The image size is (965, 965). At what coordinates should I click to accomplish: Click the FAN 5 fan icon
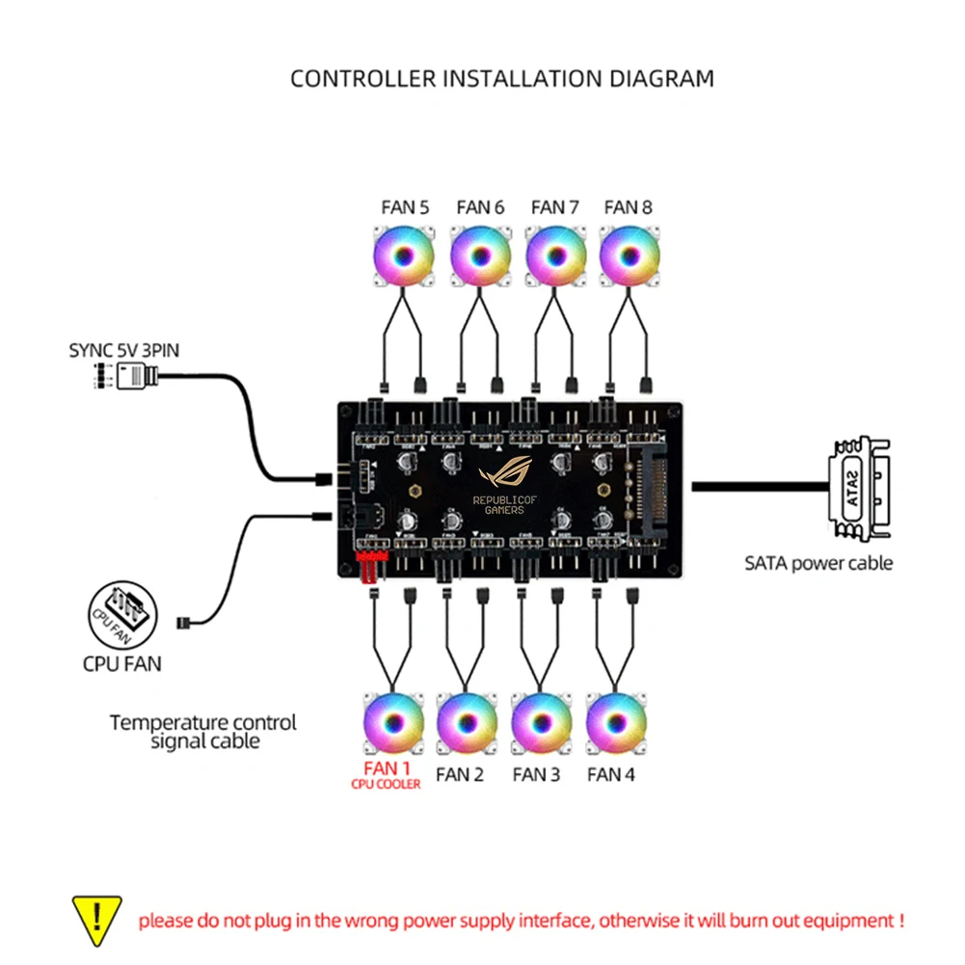point(405,256)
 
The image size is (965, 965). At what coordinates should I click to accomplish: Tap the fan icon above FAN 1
point(393,724)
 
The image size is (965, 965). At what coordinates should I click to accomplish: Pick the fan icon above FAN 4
point(616,724)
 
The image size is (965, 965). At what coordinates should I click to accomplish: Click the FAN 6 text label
point(480,207)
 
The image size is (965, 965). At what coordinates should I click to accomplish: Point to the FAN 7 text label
point(554,207)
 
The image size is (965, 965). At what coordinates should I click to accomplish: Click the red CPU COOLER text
point(386,785)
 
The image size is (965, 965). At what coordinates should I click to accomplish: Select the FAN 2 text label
point(460,773)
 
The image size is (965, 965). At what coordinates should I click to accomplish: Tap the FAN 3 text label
point(536,773)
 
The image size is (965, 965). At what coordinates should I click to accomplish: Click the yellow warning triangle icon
point(97,919)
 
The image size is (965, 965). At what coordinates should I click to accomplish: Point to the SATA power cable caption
point(818,563)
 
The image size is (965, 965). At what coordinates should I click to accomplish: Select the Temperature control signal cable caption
point(203,732)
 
